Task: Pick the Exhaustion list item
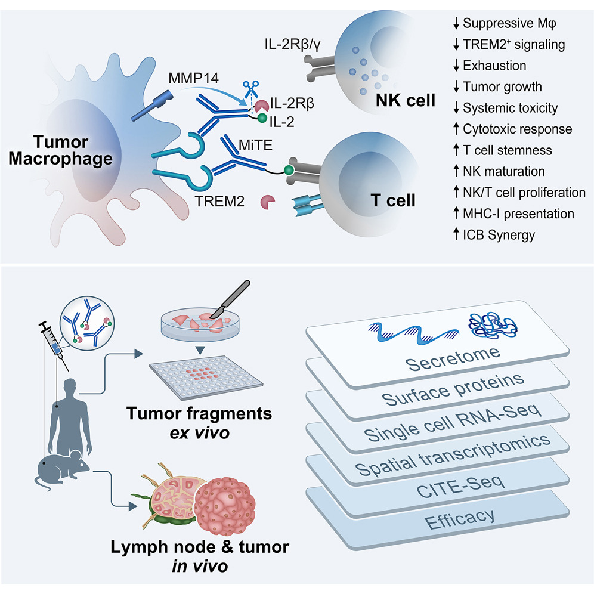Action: point(494,65)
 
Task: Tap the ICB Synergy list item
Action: point(499,234)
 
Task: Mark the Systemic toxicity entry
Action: point(511,107)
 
